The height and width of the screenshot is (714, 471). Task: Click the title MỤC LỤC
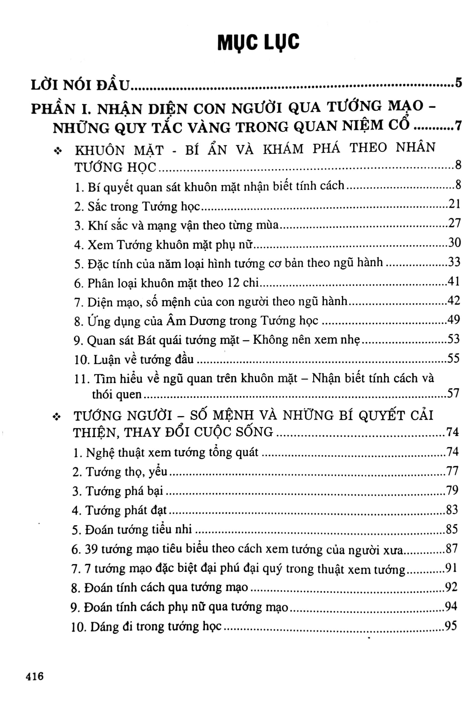258,42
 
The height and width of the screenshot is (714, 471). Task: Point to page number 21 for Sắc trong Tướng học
454,204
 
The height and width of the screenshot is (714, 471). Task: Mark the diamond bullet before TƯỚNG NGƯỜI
56,417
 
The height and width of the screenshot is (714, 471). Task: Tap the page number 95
450,626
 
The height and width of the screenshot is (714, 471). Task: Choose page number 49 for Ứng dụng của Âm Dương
454,320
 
